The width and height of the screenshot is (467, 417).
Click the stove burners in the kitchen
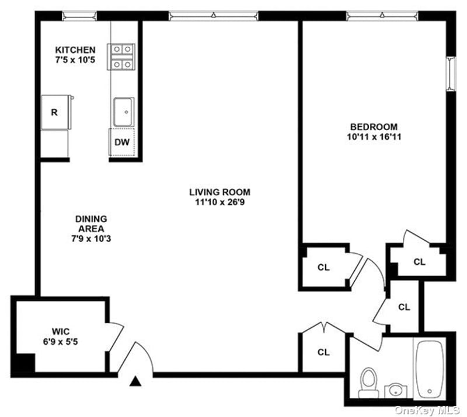(121, 57)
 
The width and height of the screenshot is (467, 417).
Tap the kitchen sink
(124, 112)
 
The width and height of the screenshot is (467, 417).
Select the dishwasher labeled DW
(122, 142)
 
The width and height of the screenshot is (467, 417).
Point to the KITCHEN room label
(75, 50)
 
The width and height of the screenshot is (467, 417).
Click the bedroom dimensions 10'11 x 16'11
(374, 137)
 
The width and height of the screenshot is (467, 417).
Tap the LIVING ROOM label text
(220, 192)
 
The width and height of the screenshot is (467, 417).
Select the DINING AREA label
(91, 224)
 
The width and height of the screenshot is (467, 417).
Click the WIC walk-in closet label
(61, 332)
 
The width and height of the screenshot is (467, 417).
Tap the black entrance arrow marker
(135, 381)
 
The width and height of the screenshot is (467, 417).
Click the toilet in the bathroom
(368, 383)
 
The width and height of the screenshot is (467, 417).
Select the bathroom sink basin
(396, 391)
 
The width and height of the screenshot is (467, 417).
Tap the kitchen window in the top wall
(79, 16)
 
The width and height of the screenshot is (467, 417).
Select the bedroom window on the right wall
(451, 74)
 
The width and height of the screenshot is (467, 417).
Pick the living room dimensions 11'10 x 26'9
(220, 202)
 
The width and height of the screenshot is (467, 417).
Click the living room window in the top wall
(213, 16)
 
